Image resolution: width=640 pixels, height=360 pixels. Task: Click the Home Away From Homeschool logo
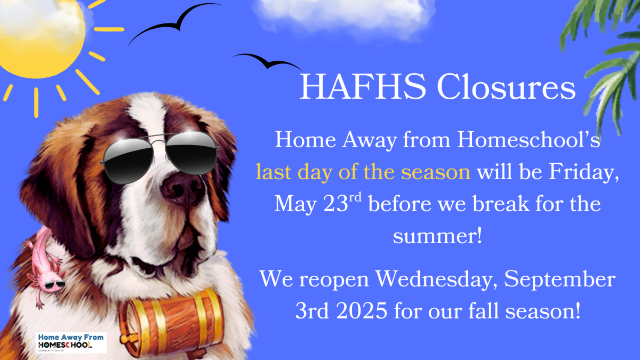pyautogui.click(x=71, y=342)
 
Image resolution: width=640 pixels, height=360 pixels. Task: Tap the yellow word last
pyautogui.click(x=272, y=172)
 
